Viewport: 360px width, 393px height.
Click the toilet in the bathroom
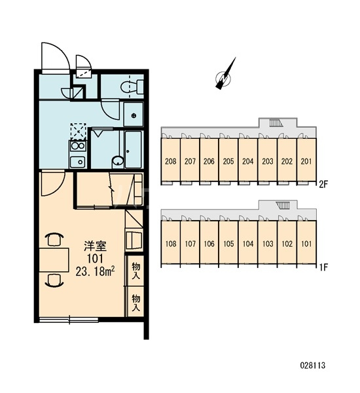coord(132,87)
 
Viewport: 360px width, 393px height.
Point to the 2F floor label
coord(323,185)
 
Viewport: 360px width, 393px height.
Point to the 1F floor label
coord(323,267)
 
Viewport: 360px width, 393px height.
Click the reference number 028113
coord(313,365)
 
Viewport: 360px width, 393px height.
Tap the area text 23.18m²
coord(96,271)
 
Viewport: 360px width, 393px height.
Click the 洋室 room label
coord(96,246)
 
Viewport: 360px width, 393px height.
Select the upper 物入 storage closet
coord(135,271)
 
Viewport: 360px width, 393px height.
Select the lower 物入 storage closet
coord(135,302)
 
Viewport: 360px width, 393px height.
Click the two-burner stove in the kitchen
coord(78,146)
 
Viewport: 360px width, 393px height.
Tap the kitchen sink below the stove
coord(78,162)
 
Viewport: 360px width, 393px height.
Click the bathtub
coord(134,149)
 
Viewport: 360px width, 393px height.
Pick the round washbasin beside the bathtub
coord(118,161)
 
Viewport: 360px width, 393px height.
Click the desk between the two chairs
coord(54,260)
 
